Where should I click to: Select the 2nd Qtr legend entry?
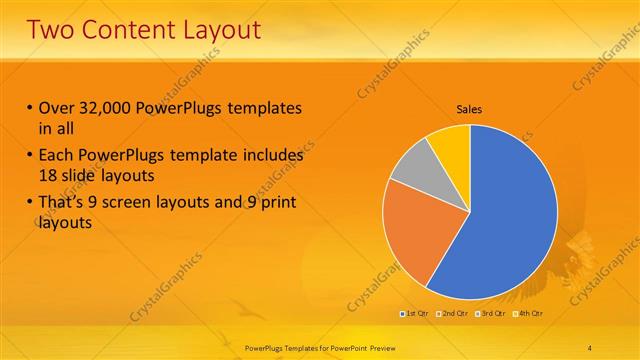[x=455, y=314]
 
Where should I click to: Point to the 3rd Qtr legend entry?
[x=493, y=314]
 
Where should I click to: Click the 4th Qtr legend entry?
[x=530, y=314]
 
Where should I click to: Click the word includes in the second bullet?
[x=270, y=156]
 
